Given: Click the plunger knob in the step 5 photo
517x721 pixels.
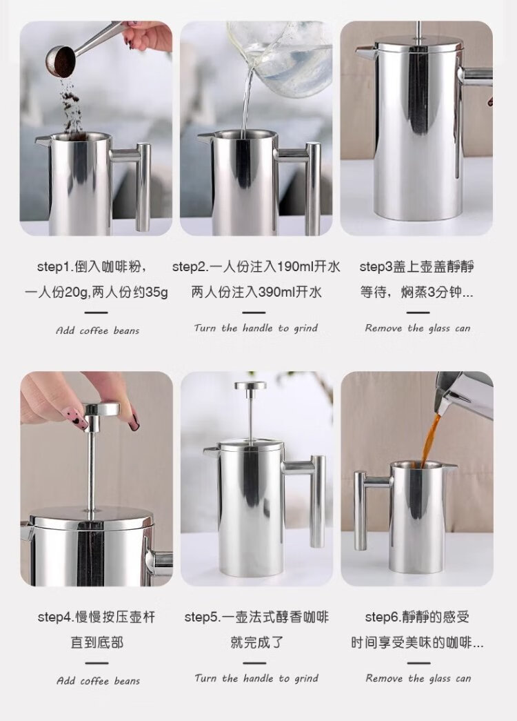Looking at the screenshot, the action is click(250, 386).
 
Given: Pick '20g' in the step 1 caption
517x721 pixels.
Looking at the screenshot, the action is click(77, 293).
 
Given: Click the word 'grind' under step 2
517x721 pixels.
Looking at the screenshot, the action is click(305, 328).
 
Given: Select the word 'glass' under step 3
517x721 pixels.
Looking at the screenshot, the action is click(439, 328).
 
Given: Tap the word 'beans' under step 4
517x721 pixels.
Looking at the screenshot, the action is click(127, 680).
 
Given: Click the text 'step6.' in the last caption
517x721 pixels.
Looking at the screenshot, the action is click(383, 617).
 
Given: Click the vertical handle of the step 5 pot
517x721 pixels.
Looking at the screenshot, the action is click(318, 501).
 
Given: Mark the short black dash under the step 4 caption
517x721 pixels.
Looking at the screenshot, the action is click(97, 663).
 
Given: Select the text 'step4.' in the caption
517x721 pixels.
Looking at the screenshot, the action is click(56, 617).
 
